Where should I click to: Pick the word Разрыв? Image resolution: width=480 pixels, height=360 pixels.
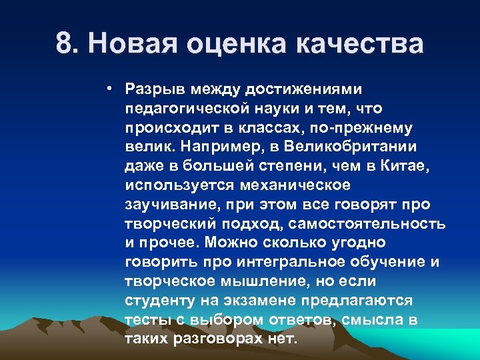click(153, 89)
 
